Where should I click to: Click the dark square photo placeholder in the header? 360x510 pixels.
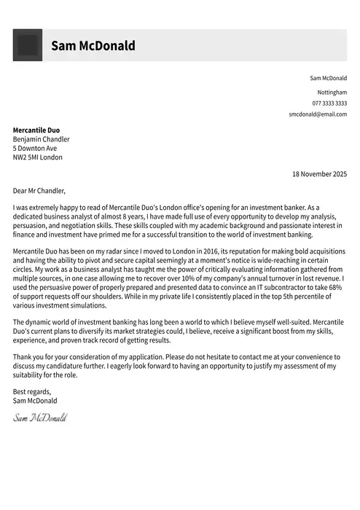pyautogui.click(x=28, y=45)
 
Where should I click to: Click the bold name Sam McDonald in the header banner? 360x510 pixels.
pyautogui.click(x=93, y=46)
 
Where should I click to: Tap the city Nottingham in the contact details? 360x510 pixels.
pyautogui.click(x=332, y=93)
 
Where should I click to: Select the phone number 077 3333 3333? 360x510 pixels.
pyautogui.click(x=329, y=103)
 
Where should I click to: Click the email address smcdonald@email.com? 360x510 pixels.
pyautogui.click(x=318, y=114)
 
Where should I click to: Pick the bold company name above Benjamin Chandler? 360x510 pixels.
pyautogui.click(x=36, y=130)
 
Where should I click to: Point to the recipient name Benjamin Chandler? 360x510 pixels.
pyautogui.click(x=42, y=139)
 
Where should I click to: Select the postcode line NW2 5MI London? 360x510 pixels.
pyautogui.click(x=38, y=157)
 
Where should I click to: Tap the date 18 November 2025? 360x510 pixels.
pyautogui.click(x=319, y=174)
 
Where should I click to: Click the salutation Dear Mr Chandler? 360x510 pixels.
pyautogui.click(x=39, y=191)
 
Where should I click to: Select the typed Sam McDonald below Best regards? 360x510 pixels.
pyautogui.click(x=35, y=401)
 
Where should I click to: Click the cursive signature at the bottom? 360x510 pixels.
pyautogui.click(x=40, y=417)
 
